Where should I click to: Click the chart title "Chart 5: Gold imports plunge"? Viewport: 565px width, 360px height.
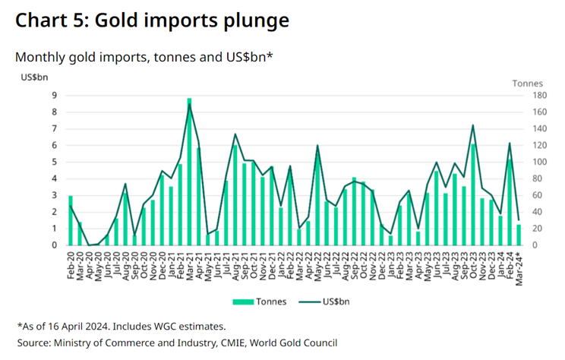click(152, 21)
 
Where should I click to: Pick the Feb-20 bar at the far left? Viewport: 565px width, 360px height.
click(71, 220)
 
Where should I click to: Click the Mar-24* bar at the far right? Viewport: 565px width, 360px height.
click(519, 235)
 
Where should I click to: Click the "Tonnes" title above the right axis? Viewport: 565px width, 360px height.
click(529, 82)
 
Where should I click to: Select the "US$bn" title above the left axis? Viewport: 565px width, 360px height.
click(33, 77)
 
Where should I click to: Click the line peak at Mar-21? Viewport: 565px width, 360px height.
click(189, 104)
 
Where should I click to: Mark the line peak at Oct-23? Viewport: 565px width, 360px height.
click(473, 125)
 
